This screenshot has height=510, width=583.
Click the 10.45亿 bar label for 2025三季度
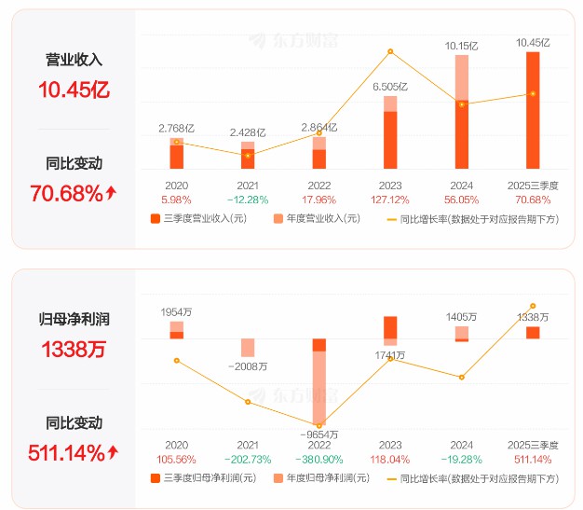pos(533,43)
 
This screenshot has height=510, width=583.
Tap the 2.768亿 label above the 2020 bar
pos(176,127)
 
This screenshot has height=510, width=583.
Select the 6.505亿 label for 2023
pos(390,87)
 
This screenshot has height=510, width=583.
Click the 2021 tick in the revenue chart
pos(247,185)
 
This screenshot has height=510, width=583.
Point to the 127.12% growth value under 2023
pos(390,199)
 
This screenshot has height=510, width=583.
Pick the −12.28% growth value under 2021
pos(247,199)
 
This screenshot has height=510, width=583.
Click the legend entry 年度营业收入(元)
pos(316,219)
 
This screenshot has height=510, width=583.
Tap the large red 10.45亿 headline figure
pos(74,90)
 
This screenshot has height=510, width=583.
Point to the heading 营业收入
pos(74,59)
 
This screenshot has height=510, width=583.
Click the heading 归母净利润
pos(74,319)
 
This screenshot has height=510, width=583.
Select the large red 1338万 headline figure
pos(74,351)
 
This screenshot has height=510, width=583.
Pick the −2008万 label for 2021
pos(248,366)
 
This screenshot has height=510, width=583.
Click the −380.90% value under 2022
pos(319,459)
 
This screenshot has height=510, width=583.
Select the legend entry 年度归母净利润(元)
pos(316,478)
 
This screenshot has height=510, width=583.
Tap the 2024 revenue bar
pos(462,112)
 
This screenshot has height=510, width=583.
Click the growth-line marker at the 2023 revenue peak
pos(390,51)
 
